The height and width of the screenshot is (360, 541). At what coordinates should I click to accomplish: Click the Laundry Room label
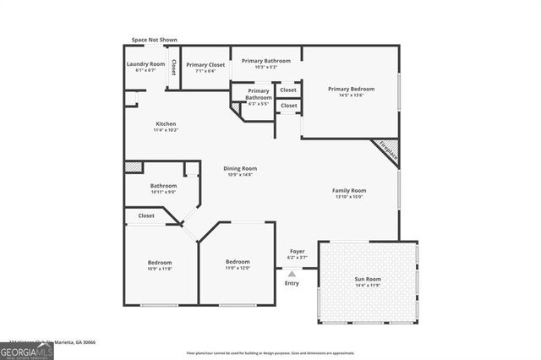[145, 64]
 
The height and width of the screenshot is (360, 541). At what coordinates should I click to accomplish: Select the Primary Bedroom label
[351, 89]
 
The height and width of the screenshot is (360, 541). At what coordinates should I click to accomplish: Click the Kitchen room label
[165, 124]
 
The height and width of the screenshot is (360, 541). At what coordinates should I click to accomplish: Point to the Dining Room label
[240, 168]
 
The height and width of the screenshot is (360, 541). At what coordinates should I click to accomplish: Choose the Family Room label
[348, 191]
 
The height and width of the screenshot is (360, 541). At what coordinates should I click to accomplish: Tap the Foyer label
[297, 251]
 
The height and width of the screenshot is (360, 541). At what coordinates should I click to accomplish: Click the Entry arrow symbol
[292, 274]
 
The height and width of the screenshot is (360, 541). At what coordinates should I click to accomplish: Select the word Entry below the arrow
[292, 283]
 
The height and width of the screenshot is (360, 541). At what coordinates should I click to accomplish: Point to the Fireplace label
[386, 150]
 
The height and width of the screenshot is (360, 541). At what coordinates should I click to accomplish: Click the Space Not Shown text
[154, 40]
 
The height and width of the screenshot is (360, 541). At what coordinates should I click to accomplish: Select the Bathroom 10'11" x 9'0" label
[163, 186]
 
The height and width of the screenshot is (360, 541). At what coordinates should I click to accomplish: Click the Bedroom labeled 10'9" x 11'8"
[160, 263]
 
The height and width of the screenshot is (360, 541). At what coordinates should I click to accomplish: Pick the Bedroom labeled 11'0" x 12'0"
[238, 262]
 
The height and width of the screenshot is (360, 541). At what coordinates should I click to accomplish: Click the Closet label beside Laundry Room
[174, 67]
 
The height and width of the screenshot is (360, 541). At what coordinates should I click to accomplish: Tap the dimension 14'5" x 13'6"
[351, 95]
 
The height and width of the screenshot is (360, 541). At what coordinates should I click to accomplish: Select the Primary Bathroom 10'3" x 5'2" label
[265, 61]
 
